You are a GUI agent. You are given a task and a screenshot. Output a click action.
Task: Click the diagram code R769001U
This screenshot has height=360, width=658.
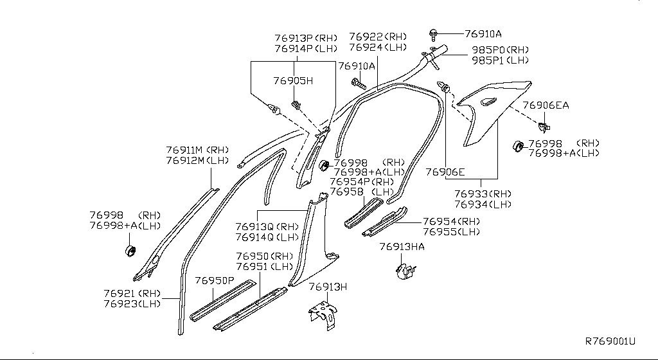pos(610,341)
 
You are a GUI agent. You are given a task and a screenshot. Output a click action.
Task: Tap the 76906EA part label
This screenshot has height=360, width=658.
pos(546,105)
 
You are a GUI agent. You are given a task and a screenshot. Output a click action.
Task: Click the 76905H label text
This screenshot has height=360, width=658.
pos(293,81)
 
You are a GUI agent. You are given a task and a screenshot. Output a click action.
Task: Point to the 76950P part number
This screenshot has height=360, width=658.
pos(215,281)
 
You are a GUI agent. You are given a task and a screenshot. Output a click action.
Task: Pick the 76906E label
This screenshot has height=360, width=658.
pos(444,172)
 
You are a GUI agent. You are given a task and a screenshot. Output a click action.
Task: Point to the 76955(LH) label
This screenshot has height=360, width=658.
pos(451,231)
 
